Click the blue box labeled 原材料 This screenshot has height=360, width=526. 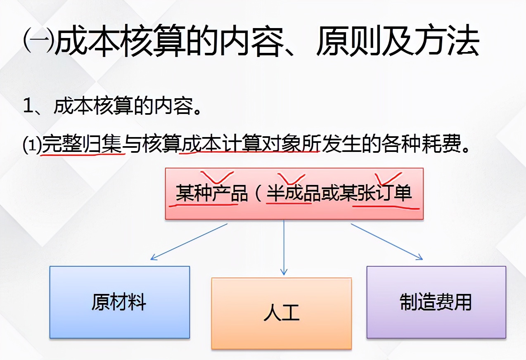[x=119, y=302]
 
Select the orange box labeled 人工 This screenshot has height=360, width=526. [x=281, y=313]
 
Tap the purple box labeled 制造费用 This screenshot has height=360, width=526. [x=436, y=302]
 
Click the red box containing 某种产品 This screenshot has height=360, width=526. [x=294, y=193]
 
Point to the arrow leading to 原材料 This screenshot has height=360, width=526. [x=189, y=242]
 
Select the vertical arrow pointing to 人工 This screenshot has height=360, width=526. [x=284, y=247]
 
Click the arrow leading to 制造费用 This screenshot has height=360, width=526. [x=386, y=242]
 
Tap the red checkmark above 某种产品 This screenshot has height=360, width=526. [x=216, y=177]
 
